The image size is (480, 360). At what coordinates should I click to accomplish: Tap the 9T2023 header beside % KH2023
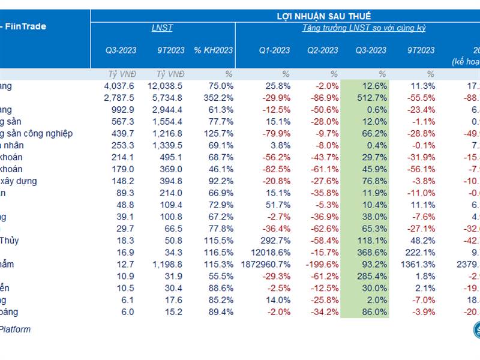pyautogui.click(x=170, y=50)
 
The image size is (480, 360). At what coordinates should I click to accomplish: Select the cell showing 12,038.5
pyautogui.click(x=169, y=86)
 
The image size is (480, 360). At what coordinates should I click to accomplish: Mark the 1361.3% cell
pyautogui.click(x=419, y=265)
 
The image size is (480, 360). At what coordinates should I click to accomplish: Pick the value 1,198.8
pyautogui.click(x=170, y=265)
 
